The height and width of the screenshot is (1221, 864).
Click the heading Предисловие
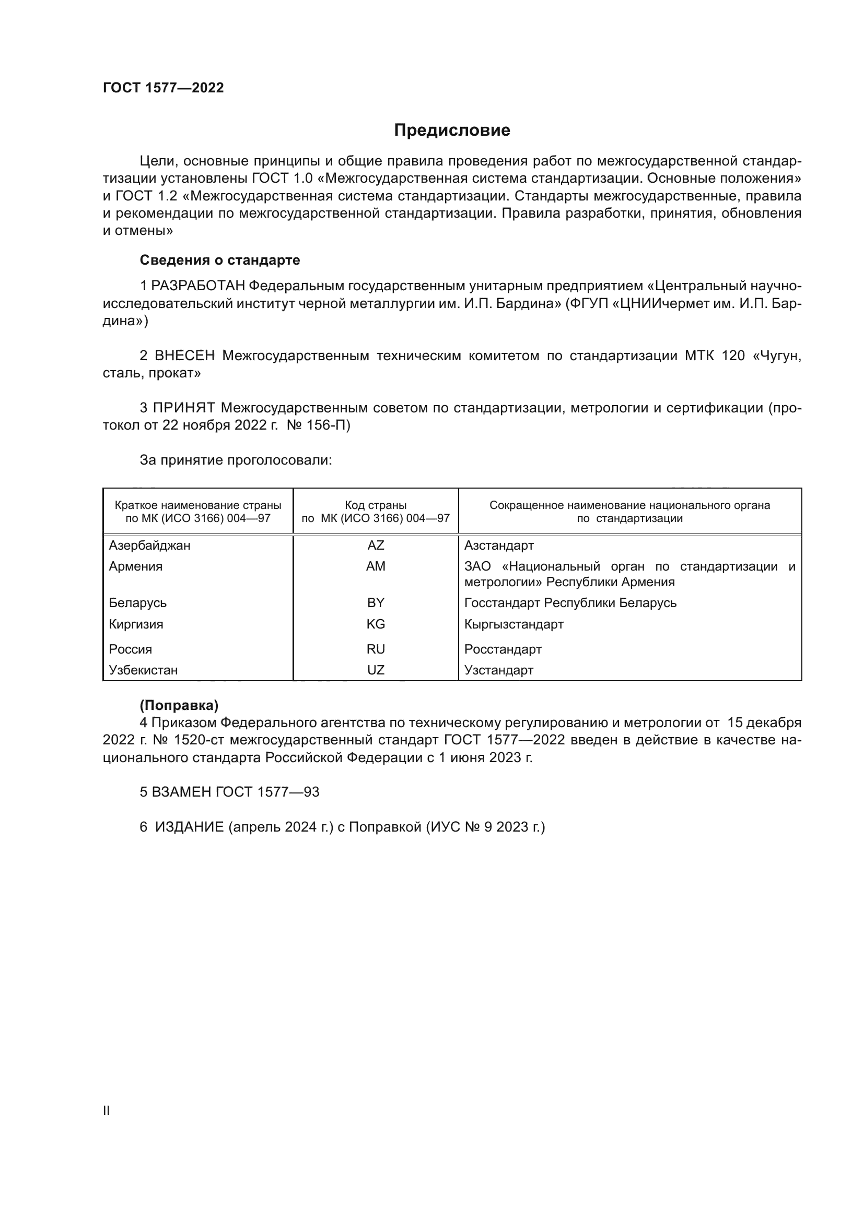452,131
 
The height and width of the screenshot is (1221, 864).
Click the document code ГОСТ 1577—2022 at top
164,88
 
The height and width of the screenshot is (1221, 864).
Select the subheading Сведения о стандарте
220,260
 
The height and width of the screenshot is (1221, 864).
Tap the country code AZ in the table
376,545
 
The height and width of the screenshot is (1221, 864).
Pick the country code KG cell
376,624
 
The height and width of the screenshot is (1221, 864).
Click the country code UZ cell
376,670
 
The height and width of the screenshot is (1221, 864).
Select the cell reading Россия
131,649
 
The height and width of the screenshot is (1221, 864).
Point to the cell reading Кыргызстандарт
513,624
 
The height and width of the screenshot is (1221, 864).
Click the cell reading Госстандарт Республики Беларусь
570,602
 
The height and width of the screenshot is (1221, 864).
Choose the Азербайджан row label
149,545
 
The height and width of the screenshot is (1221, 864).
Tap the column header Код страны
376,505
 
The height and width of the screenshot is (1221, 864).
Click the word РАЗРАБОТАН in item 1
198,286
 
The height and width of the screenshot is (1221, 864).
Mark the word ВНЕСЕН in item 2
184,356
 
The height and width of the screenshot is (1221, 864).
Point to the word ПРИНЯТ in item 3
184,408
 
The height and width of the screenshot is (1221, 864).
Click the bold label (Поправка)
179,705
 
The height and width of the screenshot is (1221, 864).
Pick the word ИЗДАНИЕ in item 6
190,827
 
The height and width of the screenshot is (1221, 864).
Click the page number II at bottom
107,1110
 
